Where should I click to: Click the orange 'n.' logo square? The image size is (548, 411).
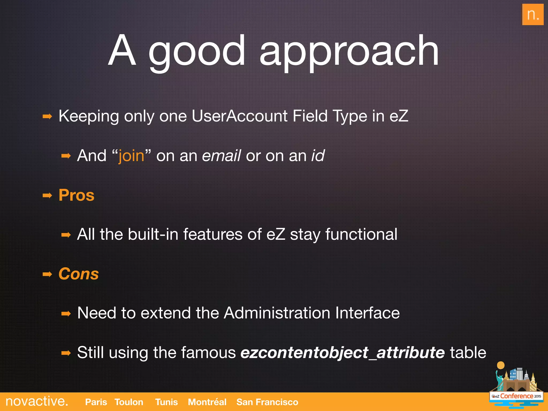[532, 14]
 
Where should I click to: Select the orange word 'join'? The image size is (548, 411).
[131, 156]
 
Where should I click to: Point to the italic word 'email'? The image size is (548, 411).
[221, 156]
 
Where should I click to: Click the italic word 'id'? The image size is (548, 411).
[318, 156]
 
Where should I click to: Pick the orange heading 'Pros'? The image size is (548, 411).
[77, 195]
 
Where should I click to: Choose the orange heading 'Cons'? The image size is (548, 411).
[79, 274]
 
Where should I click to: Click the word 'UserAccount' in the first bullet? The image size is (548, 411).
[239, 116]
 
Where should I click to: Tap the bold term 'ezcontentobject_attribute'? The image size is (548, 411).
[342, 352]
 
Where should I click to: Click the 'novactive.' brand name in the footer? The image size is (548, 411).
[37, 401]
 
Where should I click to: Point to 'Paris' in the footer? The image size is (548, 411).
[96, 402]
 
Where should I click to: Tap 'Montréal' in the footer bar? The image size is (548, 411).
[207, 402]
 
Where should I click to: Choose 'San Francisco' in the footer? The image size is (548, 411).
[267, 402]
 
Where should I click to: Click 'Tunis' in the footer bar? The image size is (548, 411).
[166, 402]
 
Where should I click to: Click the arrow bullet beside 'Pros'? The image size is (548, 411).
[47, 196]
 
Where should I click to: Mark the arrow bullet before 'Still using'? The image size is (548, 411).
[66, 353]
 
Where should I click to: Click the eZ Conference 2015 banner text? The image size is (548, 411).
[516, 396]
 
